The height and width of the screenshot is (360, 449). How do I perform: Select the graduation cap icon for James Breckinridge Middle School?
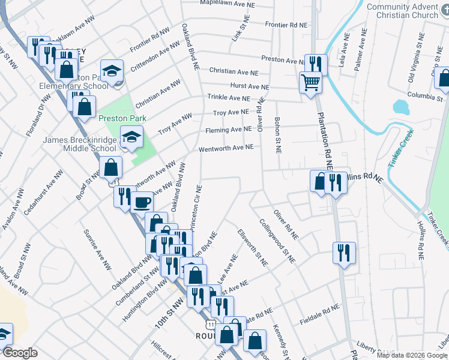131,137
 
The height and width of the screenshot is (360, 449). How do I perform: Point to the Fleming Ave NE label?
228,130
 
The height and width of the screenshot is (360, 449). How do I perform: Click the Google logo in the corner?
20,352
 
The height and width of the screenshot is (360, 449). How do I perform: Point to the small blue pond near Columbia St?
401,107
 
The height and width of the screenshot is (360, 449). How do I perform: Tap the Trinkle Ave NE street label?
228,97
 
